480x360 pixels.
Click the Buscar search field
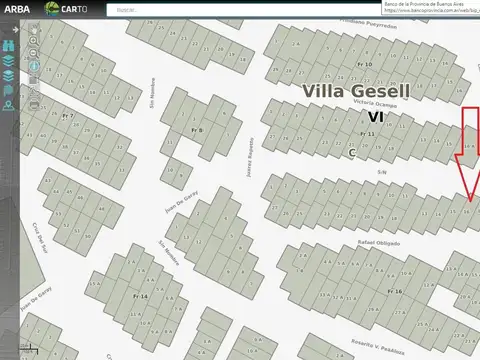(x=160, y=9)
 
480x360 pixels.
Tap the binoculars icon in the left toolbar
(x=10, y=45)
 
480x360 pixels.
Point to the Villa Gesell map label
(x=357, y=90)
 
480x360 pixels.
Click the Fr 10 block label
(x=366, y=64)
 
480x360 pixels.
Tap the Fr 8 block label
(x=197, y=130)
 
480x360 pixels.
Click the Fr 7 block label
(x=68, y=117)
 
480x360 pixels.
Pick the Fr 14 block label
(x=140, y=297)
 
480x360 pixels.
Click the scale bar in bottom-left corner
(x=20, y=350)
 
